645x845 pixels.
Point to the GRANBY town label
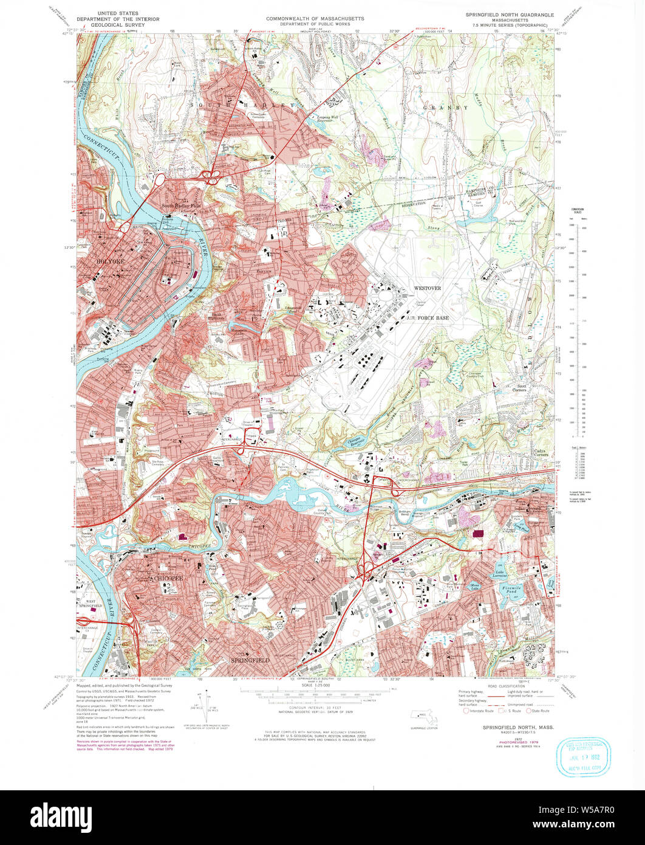450,108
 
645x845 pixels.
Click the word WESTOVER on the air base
428,288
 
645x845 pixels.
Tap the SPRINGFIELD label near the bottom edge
250,660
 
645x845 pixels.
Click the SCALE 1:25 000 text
314,685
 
